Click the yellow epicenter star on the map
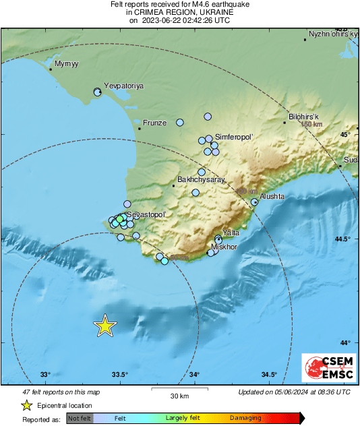point(104,326)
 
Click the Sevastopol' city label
point(146,214)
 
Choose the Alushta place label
point(272,196)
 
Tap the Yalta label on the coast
point(231,233)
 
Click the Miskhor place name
point(224,247)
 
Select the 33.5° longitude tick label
point(120,375)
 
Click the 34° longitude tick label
point(194,375)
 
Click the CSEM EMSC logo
point(328,369)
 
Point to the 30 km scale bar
point(179,388)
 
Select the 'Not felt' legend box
point(80,419)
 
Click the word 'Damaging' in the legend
point(245,419)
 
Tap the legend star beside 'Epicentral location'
point(26,405)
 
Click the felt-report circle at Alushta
point(255,202)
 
